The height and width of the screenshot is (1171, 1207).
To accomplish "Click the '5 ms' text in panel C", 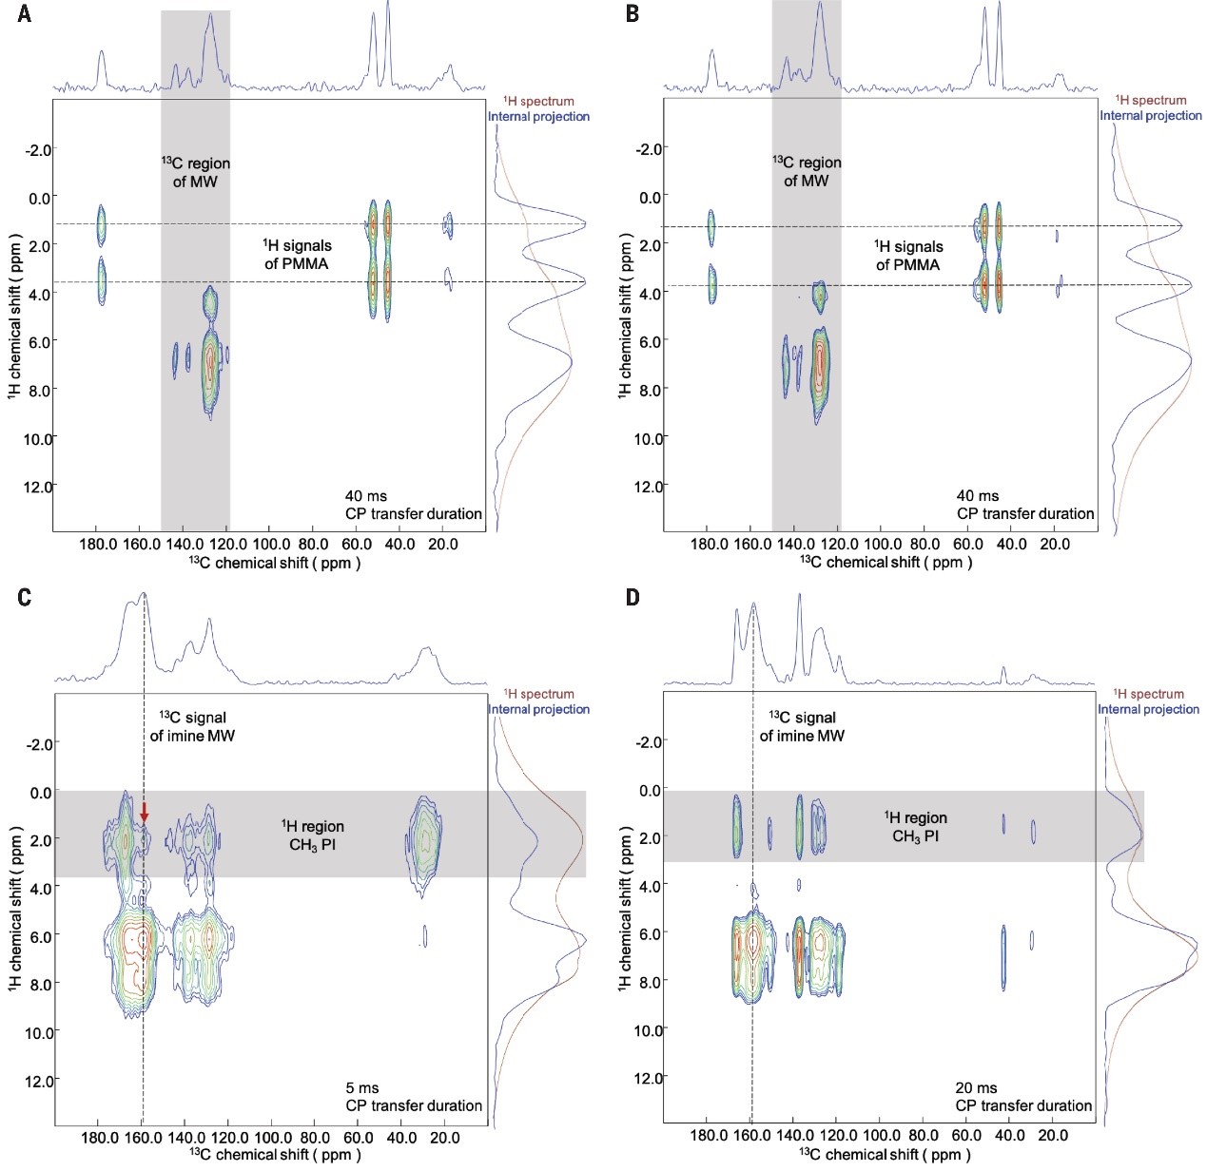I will click(361, 1088).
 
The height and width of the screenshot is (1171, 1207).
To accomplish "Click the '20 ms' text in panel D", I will click(977, 1088).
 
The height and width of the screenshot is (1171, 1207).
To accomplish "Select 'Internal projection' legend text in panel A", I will click(538, 117).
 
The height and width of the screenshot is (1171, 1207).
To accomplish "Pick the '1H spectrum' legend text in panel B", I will click(1151, 100).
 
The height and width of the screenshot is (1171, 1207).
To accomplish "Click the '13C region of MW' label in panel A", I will click(195, 172).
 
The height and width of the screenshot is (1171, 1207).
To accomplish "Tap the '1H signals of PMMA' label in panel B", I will click(908, 256).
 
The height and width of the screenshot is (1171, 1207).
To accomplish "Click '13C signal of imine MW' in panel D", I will click(802, 726).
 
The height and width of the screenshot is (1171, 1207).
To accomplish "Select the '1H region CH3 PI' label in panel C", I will click(313, 836).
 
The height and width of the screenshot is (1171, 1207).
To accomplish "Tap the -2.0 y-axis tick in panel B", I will click(647, 149).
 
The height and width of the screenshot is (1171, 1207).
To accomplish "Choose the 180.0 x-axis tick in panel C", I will click(99, 1138).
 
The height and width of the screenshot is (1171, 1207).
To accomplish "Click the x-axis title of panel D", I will click(885, 1155).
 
